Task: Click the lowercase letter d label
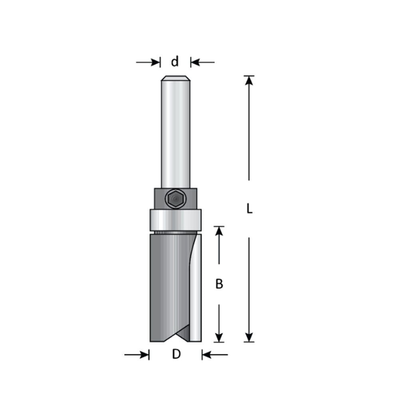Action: tap(175, 62)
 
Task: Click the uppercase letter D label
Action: tap(176, 354)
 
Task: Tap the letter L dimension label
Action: tap(249, 208)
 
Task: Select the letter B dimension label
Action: tap(219, 284)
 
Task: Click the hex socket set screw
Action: tap(175, 199)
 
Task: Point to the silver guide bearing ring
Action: tap(176, 220)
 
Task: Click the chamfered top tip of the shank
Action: tap(176, 78)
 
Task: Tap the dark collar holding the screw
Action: tap(176, 199)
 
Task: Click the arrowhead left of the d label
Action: tap(155, 62)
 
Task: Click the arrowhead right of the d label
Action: tap(195, 62)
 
